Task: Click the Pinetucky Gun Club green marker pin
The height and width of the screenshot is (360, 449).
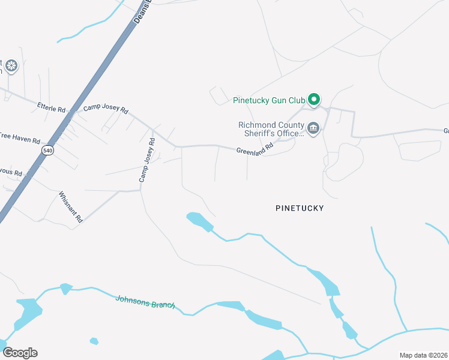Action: point(313,99)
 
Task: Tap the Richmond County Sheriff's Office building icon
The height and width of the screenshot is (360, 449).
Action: point(313,128)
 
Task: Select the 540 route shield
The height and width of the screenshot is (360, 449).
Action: point(48,150)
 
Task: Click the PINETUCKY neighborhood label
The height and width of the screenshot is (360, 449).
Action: point(300,208)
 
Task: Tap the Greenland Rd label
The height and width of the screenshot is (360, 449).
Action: point(255,148)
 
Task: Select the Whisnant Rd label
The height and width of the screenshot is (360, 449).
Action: point(71,207)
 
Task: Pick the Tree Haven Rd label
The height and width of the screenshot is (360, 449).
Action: point(19,137)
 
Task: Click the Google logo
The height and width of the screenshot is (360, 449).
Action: point(20,353)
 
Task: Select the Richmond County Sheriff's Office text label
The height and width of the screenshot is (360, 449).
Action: point(271,129)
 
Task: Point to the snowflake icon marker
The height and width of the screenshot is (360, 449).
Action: point(11,65)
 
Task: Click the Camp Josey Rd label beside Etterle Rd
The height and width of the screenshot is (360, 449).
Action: point(106,110)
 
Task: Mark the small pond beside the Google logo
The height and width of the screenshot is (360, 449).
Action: point(94,341)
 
